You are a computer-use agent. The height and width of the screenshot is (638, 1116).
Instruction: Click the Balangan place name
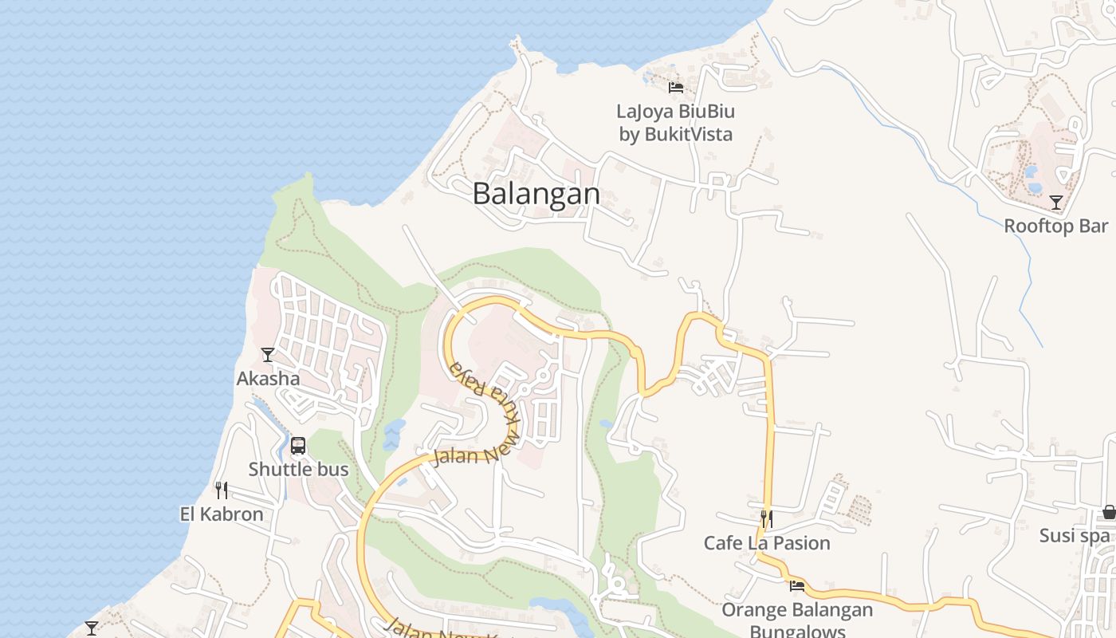(536, 194)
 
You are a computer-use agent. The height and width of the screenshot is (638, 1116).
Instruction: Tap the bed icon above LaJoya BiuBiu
(676, 87)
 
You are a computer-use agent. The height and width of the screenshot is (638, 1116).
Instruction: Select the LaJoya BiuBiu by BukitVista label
(676, 123)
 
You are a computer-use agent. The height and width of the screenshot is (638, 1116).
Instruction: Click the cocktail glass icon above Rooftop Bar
(1056, 203)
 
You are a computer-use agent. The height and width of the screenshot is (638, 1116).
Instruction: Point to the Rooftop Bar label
(1056, 226)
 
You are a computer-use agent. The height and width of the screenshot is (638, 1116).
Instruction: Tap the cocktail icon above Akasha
(268, 355)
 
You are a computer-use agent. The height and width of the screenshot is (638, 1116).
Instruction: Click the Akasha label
(268, 378)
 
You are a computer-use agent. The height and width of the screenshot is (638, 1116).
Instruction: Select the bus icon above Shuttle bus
(298, 446)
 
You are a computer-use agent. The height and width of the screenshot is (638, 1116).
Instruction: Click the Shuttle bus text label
(298, 469)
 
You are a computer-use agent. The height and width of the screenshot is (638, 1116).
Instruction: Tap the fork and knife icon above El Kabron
(222, 490)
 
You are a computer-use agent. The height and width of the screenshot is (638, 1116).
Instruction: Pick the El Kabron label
(222, 514)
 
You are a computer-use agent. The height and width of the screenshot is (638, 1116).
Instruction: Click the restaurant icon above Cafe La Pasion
(766, 519)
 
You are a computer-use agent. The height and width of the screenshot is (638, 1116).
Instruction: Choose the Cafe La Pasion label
(766, 543)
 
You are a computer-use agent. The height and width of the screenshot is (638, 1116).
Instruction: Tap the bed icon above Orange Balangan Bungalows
(796, 586)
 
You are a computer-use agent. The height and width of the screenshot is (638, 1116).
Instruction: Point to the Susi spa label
(1074, 536)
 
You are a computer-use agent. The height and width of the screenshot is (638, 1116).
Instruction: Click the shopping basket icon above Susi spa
(1109, 512)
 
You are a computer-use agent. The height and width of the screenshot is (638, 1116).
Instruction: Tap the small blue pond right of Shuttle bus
(393, 435)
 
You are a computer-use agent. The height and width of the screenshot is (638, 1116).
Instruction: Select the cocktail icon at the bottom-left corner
(92, 628)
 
